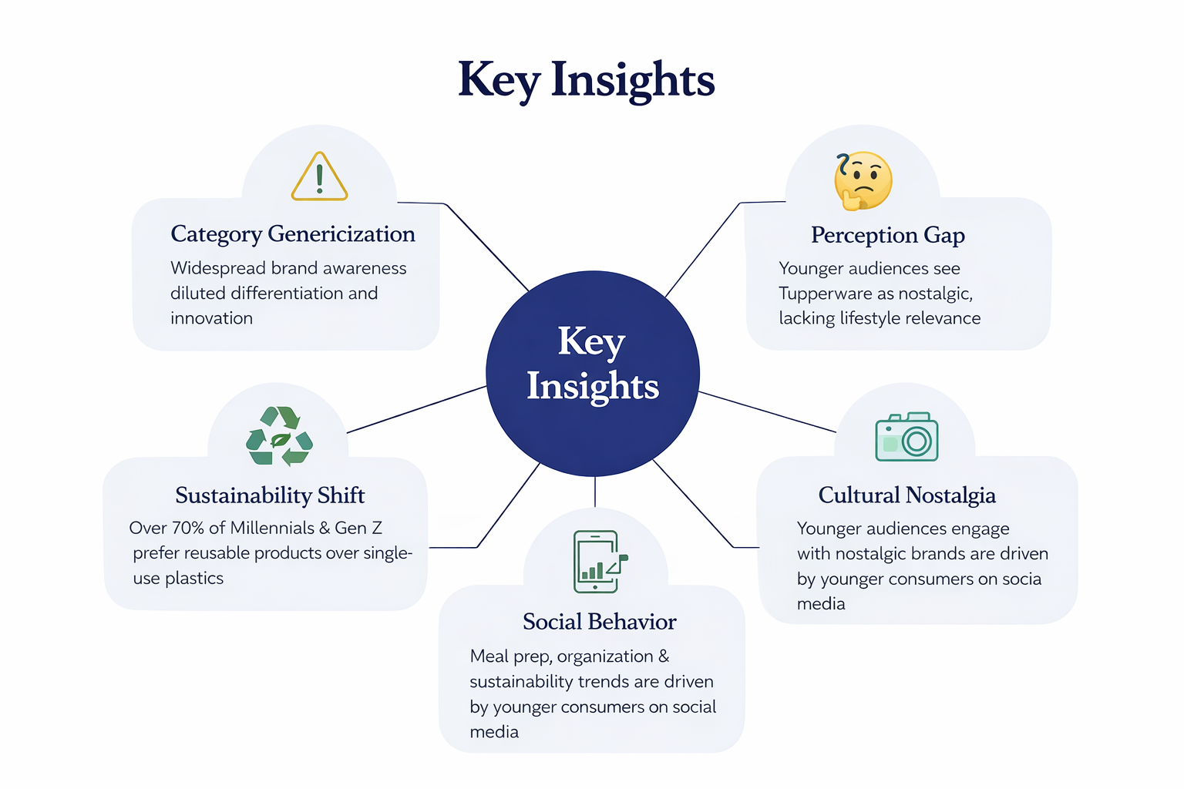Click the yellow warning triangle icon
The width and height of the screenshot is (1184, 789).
319,177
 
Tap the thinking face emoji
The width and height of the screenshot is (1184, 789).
863,181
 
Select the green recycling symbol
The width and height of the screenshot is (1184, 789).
279,436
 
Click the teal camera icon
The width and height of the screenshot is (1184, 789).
906,437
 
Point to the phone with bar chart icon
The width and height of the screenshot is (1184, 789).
598,562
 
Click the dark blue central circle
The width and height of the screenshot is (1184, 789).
592,373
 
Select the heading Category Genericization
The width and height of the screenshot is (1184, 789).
293,234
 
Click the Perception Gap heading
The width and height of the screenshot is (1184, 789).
887,235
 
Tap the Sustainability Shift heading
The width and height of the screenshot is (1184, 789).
270,495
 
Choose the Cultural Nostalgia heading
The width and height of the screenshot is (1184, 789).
906,495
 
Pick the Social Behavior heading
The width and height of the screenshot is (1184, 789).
599,622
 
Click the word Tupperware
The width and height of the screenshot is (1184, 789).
822,294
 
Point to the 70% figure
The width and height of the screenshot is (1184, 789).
187,528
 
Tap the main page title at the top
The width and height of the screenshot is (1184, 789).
587,79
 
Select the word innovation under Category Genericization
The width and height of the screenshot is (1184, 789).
211,318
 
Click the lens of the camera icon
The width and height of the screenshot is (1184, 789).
917,442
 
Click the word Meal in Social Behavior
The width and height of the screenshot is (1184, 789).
489,656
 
